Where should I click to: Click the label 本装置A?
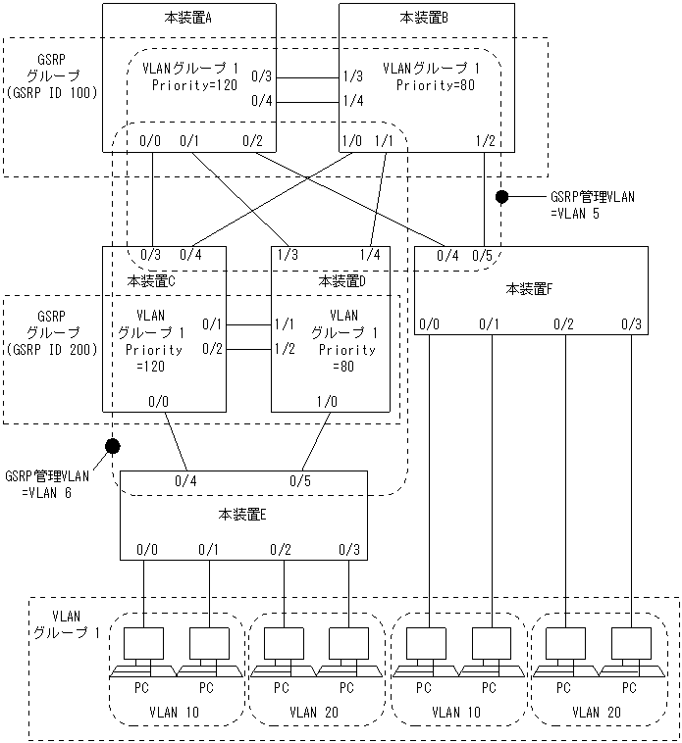click(187, 18)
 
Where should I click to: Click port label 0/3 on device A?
click(262, 75)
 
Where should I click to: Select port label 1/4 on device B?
click(353, 100)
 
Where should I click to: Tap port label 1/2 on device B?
click(485, 141)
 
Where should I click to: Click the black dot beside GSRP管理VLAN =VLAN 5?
click(501, 196)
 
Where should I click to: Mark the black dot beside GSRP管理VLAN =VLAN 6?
click(112, 447)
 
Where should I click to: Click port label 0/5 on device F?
click(483, 256)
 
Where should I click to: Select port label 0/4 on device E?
click(185, 480)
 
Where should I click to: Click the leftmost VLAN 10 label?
click(177, 713)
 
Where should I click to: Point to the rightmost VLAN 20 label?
click(597, 713)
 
